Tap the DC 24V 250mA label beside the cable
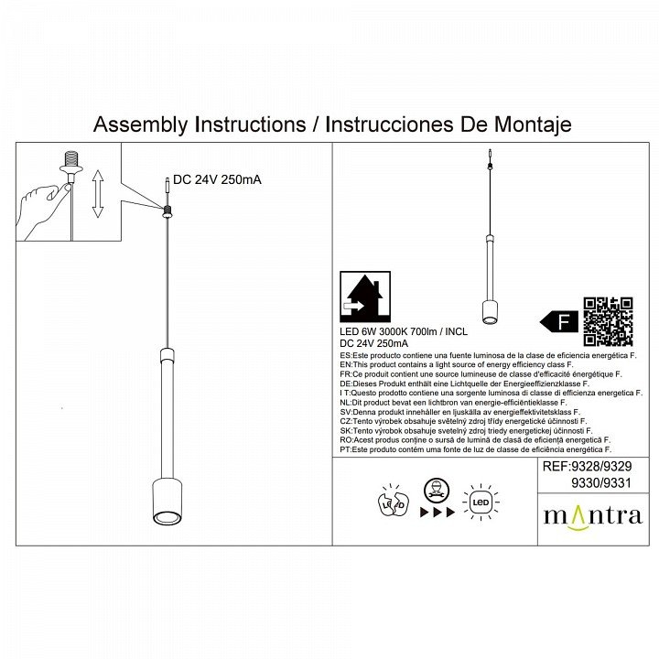[x=217, y=179]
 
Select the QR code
[x=608, y=321]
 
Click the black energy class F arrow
[x=557, y=321]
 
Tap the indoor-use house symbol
[x=365, y=297]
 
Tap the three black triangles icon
[x=438, y=513]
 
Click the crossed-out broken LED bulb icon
[x=393, y=502]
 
